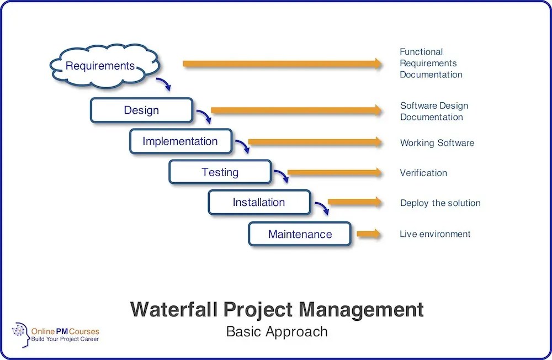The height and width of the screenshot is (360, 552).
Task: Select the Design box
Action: [x=141, y=110]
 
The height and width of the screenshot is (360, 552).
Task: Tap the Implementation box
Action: [x=180, y=141]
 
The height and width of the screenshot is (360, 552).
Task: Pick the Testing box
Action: [x=220, y=172]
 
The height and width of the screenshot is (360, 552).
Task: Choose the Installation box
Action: [x=259, y=202]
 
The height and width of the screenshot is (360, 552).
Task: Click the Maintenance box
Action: [x=300, y=234]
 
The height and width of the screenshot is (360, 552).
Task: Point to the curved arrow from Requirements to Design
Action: [x=164, y=84]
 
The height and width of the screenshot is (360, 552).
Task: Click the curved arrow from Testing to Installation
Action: [x=282, y=176]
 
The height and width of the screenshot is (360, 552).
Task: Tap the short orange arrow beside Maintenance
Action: [x=368, y=234]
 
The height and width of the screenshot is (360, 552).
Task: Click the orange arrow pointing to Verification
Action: [x=334, y=173]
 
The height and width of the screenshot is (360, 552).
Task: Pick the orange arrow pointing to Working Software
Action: [x=315, y=142]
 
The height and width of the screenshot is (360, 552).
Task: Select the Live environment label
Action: [x=435, y=234]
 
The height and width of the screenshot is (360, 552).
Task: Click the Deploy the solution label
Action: [x=440, y=203]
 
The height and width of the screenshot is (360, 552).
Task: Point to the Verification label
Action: [x=423, y=173]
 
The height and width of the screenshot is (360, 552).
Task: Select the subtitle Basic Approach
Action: [x=277, y=332]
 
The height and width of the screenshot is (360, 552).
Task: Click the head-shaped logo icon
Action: [x=20, y=335]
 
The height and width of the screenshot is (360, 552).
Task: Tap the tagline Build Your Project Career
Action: [x=65, y=338]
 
